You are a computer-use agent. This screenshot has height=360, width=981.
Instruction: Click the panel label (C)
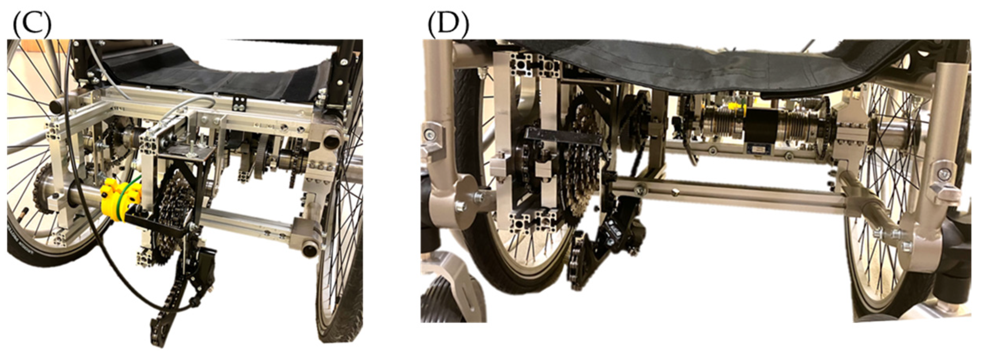pyautogui.click(x=32, y=24)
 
